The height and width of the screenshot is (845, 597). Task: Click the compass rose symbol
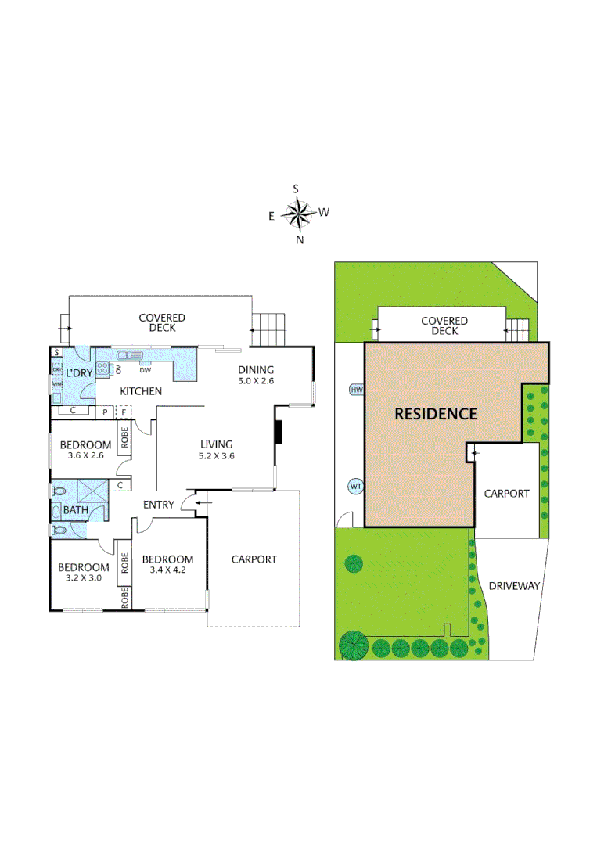(x=297, y=212)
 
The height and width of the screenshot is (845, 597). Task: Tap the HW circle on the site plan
(x=357, y=390)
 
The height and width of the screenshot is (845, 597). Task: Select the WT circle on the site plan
(x=356, y=487)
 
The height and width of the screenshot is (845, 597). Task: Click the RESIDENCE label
(x=435, y=414)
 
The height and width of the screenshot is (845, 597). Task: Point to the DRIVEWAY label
(x=514, y=585)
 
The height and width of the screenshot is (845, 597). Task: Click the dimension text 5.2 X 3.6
(x=216, y=455)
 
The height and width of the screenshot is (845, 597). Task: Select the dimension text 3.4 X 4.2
(x=167, y=570)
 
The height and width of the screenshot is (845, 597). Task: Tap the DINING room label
(x=256, y=370)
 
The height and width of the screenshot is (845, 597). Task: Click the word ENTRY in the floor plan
(x=159, y=505)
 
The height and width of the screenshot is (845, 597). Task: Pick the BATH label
(x=76, y=511)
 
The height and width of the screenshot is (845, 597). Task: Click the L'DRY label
(x=80, y=372)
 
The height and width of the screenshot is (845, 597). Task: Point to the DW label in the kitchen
(x=145, y=370)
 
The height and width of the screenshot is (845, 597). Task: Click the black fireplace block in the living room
(x=278, y=433)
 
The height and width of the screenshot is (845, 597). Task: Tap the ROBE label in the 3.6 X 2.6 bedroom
(x=124, y=437)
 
